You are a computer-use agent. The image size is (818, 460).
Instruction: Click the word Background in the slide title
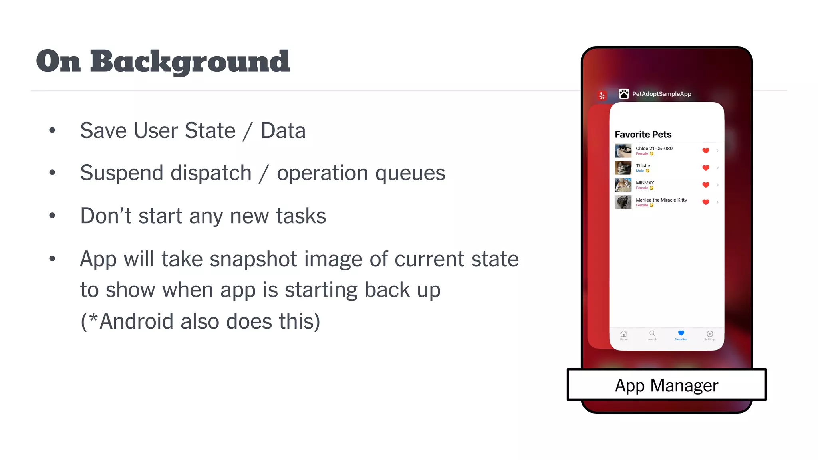pos(190,62)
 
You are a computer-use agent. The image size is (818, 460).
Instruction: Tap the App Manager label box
pos(666,385)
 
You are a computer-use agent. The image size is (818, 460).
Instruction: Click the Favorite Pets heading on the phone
pos(643,135)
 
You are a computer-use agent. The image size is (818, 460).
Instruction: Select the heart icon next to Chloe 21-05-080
pos(706,151)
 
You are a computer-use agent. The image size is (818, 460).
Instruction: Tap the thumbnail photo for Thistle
pos(623,168)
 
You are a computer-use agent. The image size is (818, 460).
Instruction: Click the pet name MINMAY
pos(645,183)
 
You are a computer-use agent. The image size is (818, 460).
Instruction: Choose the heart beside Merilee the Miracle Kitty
pos(706,202)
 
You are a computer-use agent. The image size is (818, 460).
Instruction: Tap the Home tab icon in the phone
pos(623,334)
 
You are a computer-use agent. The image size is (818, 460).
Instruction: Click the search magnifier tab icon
pos(652,333)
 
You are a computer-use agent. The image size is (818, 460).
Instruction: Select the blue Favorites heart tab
pos(681,333)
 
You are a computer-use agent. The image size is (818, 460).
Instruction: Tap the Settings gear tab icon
pos(710,334)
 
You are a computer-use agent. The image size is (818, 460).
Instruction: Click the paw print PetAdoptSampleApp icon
pos(624,94)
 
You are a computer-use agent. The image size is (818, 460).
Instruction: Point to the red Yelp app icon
pos(602,96)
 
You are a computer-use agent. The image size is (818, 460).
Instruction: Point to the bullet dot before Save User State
pos(52,130)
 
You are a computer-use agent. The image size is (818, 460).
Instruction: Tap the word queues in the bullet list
pos(410,173)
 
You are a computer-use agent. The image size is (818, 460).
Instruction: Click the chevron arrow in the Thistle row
pos(718,168)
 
